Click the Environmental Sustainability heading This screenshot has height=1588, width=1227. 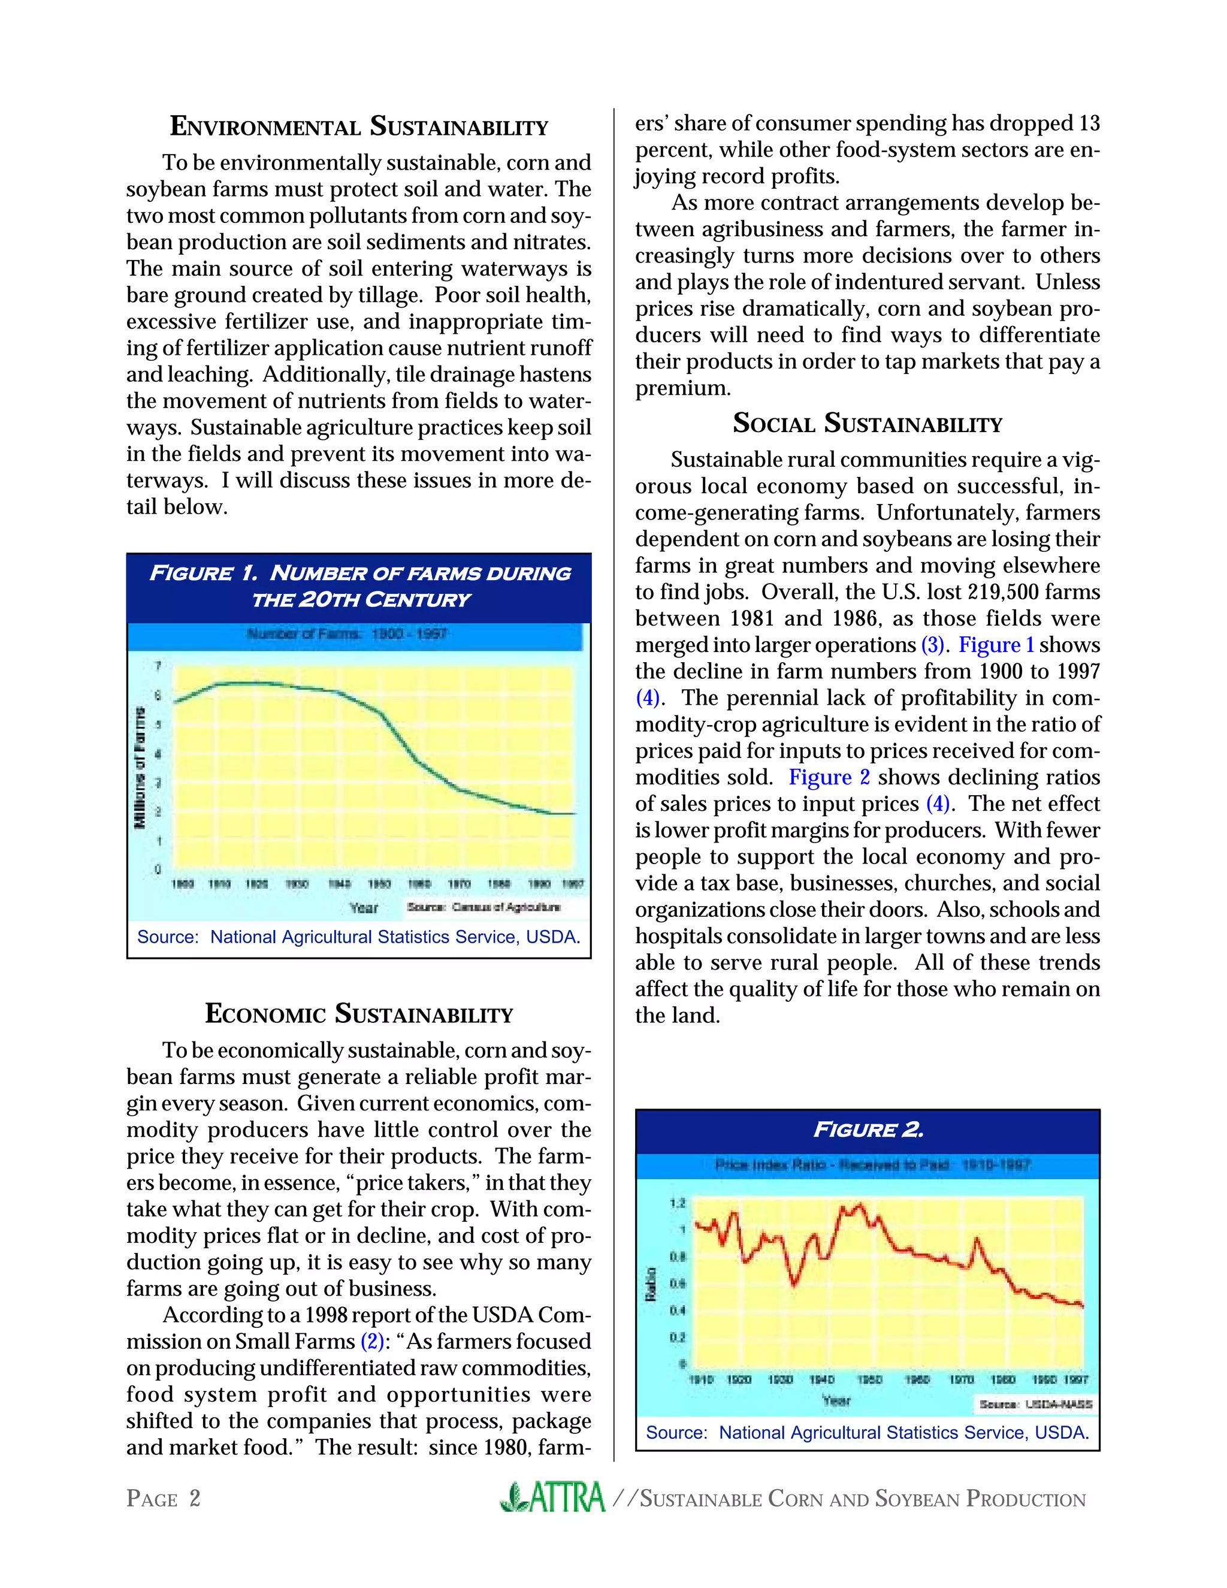pyautogui.click(x=359, y=126)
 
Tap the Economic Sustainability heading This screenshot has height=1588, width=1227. pyautogui.click(x=359, y=1013)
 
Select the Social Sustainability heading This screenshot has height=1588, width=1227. pyautogui.click(x=867, y=423)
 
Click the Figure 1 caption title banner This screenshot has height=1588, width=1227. pyautogui.click(x=359, y=587)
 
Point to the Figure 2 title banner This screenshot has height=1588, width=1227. pyautogui.click(x=867, y=1129)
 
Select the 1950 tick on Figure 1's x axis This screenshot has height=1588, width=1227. pyautogui.click(x=379, y=884)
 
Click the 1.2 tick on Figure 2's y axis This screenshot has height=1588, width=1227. pyautogui.click(x=678, y=1203)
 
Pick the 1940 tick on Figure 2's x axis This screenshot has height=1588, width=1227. pyautogui.click(x=821, y=1379)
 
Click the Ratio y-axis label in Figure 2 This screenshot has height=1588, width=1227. pyautogui.click(x=651, y=1284)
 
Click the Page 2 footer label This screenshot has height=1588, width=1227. pyautogui.click(x=164, y=1499)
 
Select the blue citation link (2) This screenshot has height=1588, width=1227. pyautogui.click(x=372, y=1341)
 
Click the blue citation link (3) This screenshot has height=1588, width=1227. pyautogui.click(x=933, y=645)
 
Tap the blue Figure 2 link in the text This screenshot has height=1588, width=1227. pyautogui.click(x=829, y=777)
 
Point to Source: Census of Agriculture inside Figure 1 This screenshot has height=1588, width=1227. pyautogui.click(x=484, y=907)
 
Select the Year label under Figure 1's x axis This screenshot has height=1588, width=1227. pyautogui.click(x=364, y=907)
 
